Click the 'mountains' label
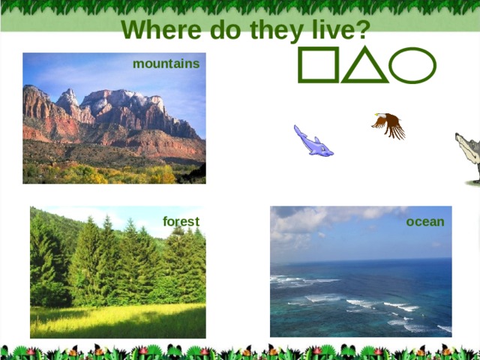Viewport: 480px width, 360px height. click(x=166, y=64)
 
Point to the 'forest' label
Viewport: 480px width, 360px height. click(x=181, y=221)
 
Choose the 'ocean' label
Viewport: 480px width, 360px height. click(x=425, y=221)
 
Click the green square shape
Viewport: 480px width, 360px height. click(x=319, y=65)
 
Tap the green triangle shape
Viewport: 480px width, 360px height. click(x=364, y=66)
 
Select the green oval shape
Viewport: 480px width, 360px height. click(x=412, y=65)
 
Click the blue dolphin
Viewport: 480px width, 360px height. click(x=313, y=142)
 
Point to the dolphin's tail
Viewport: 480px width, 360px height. click(x=298, y=130)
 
